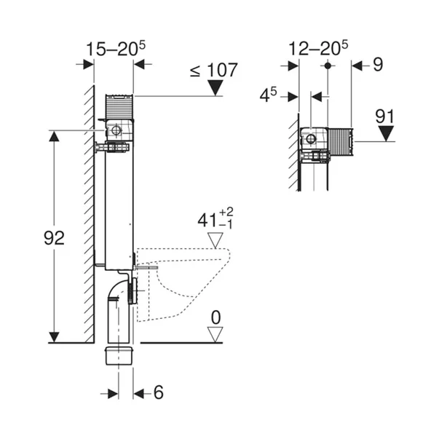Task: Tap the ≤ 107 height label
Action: coord(213,71)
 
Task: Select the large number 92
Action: coord(53,238)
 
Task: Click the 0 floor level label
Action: coord(215,318)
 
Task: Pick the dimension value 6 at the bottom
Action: coord(158,393)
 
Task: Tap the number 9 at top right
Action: coord(377,65)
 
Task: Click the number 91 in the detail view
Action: coord(386,115)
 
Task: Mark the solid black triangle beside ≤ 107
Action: coord(216,89)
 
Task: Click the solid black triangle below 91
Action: coord(386,134)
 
